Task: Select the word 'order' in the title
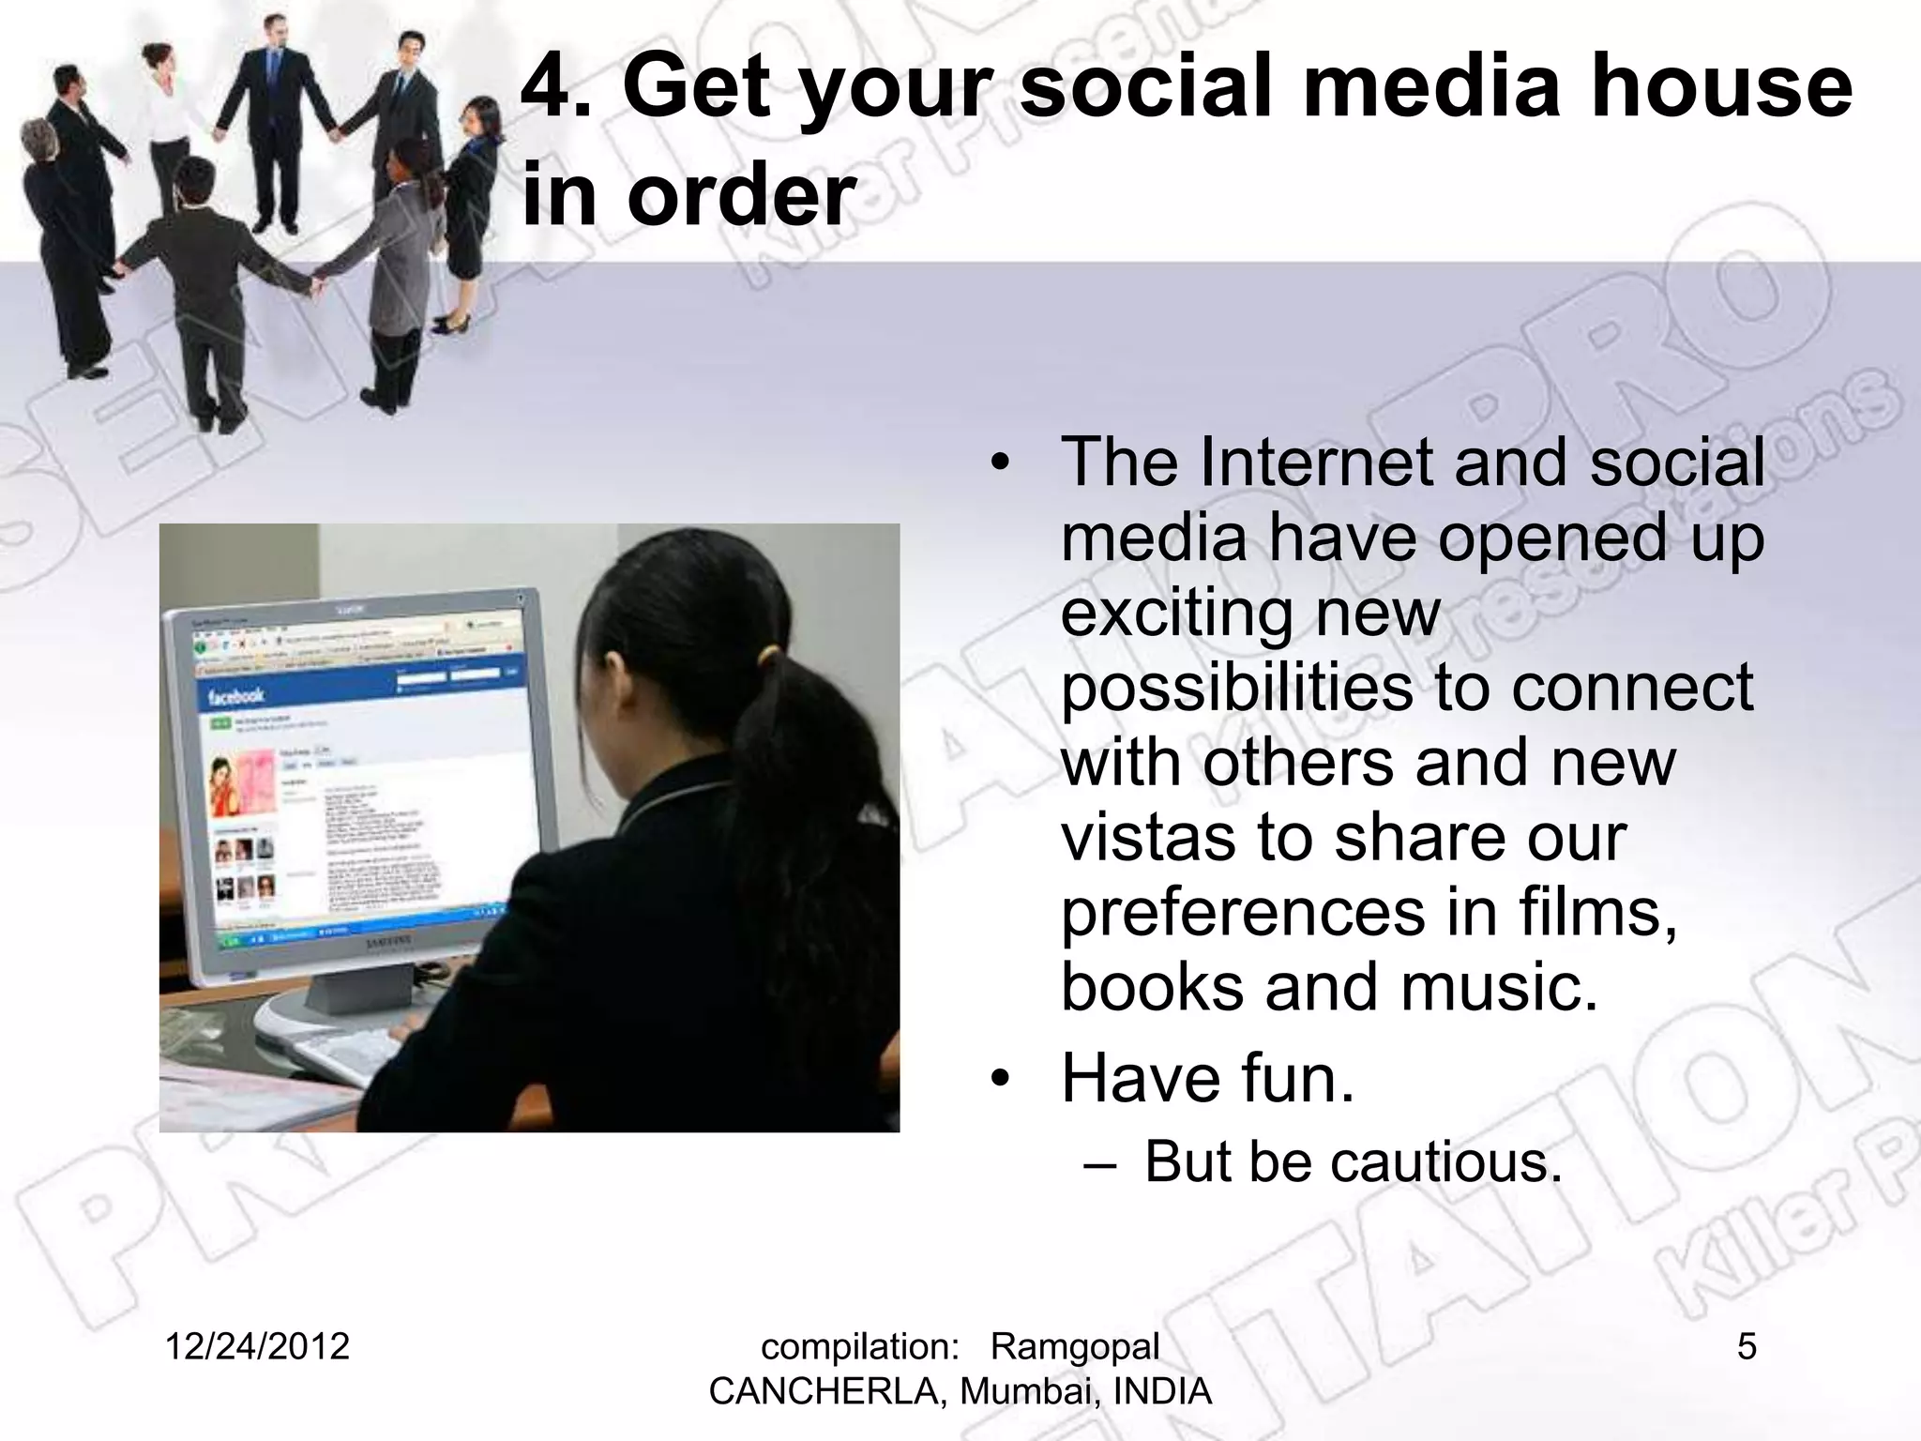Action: pyautogui.click(x=741, y=195)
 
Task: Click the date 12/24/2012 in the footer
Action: pyautogui.click(x=257, y=1346)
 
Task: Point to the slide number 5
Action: pyautogui.click(x=1746, y=1346)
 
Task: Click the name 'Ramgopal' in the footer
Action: pyautogui.click(x=1075, y=1346)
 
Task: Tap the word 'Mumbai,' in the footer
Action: pyautogui.click(x=1019, y=1391)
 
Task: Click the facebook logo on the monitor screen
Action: pyautogui.click(x=235, y=696)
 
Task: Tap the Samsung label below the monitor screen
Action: pyautogui.click(x=387, y=941)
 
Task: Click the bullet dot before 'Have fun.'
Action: pyautogui.click(x=1001, y=1080)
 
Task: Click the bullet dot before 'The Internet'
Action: pyautogui.click(x=1001, y=463)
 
